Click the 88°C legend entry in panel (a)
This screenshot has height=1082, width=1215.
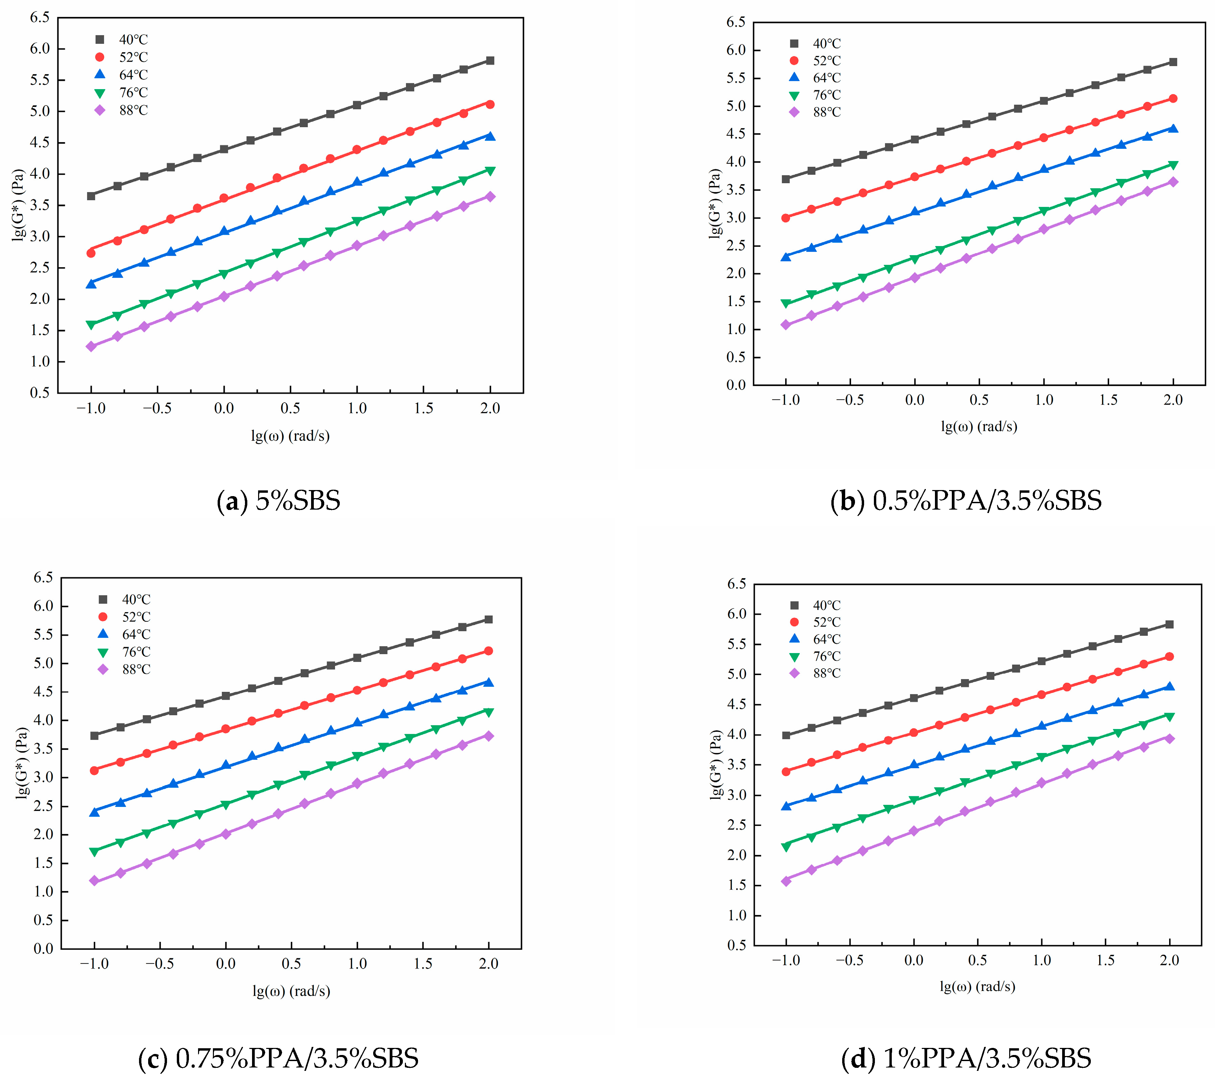(122, 110)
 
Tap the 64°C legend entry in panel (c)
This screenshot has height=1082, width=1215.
(125, 634)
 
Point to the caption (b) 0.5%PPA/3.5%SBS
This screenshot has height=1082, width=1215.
(966, 501)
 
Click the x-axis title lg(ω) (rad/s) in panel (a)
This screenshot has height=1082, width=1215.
(290, 436)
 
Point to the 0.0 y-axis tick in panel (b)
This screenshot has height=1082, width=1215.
(735, 385)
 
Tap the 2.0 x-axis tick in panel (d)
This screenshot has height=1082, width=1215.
(1169, 960)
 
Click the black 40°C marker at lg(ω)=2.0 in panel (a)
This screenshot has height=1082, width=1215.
(490, 61)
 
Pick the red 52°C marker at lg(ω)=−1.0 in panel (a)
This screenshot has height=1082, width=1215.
(91, 253)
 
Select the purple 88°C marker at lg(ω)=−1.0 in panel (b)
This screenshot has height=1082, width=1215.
(786, 325)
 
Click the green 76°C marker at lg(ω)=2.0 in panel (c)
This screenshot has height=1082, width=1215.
(489, 712)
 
